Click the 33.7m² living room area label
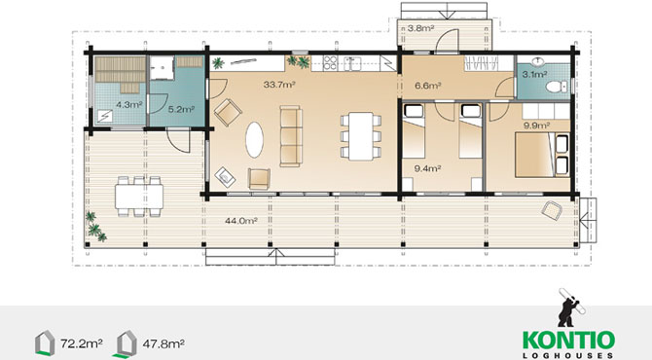tap(279, 85)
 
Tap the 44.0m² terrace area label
tap(241, 221)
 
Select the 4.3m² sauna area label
tap(129, 105)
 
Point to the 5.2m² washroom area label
tap(182, 110)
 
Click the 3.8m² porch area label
tap(420, 28)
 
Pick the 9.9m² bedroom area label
tap(537, 126)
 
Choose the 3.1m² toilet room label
tap(535, 75)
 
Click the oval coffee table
tap(255, 139)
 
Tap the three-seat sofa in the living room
tap(291, 136)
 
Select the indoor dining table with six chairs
tap(360, 136)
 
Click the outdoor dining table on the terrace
tap(139, 197)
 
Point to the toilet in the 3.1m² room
tap(556, 87)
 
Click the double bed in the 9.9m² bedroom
tap(542, 155)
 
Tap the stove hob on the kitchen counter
tap(330, 62)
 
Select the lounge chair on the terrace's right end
tap(552, 210)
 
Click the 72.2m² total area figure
tap(82, 343)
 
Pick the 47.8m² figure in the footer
tap(163, 343)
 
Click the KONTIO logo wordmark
tap(569, 341)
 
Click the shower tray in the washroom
tap(162, 68)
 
